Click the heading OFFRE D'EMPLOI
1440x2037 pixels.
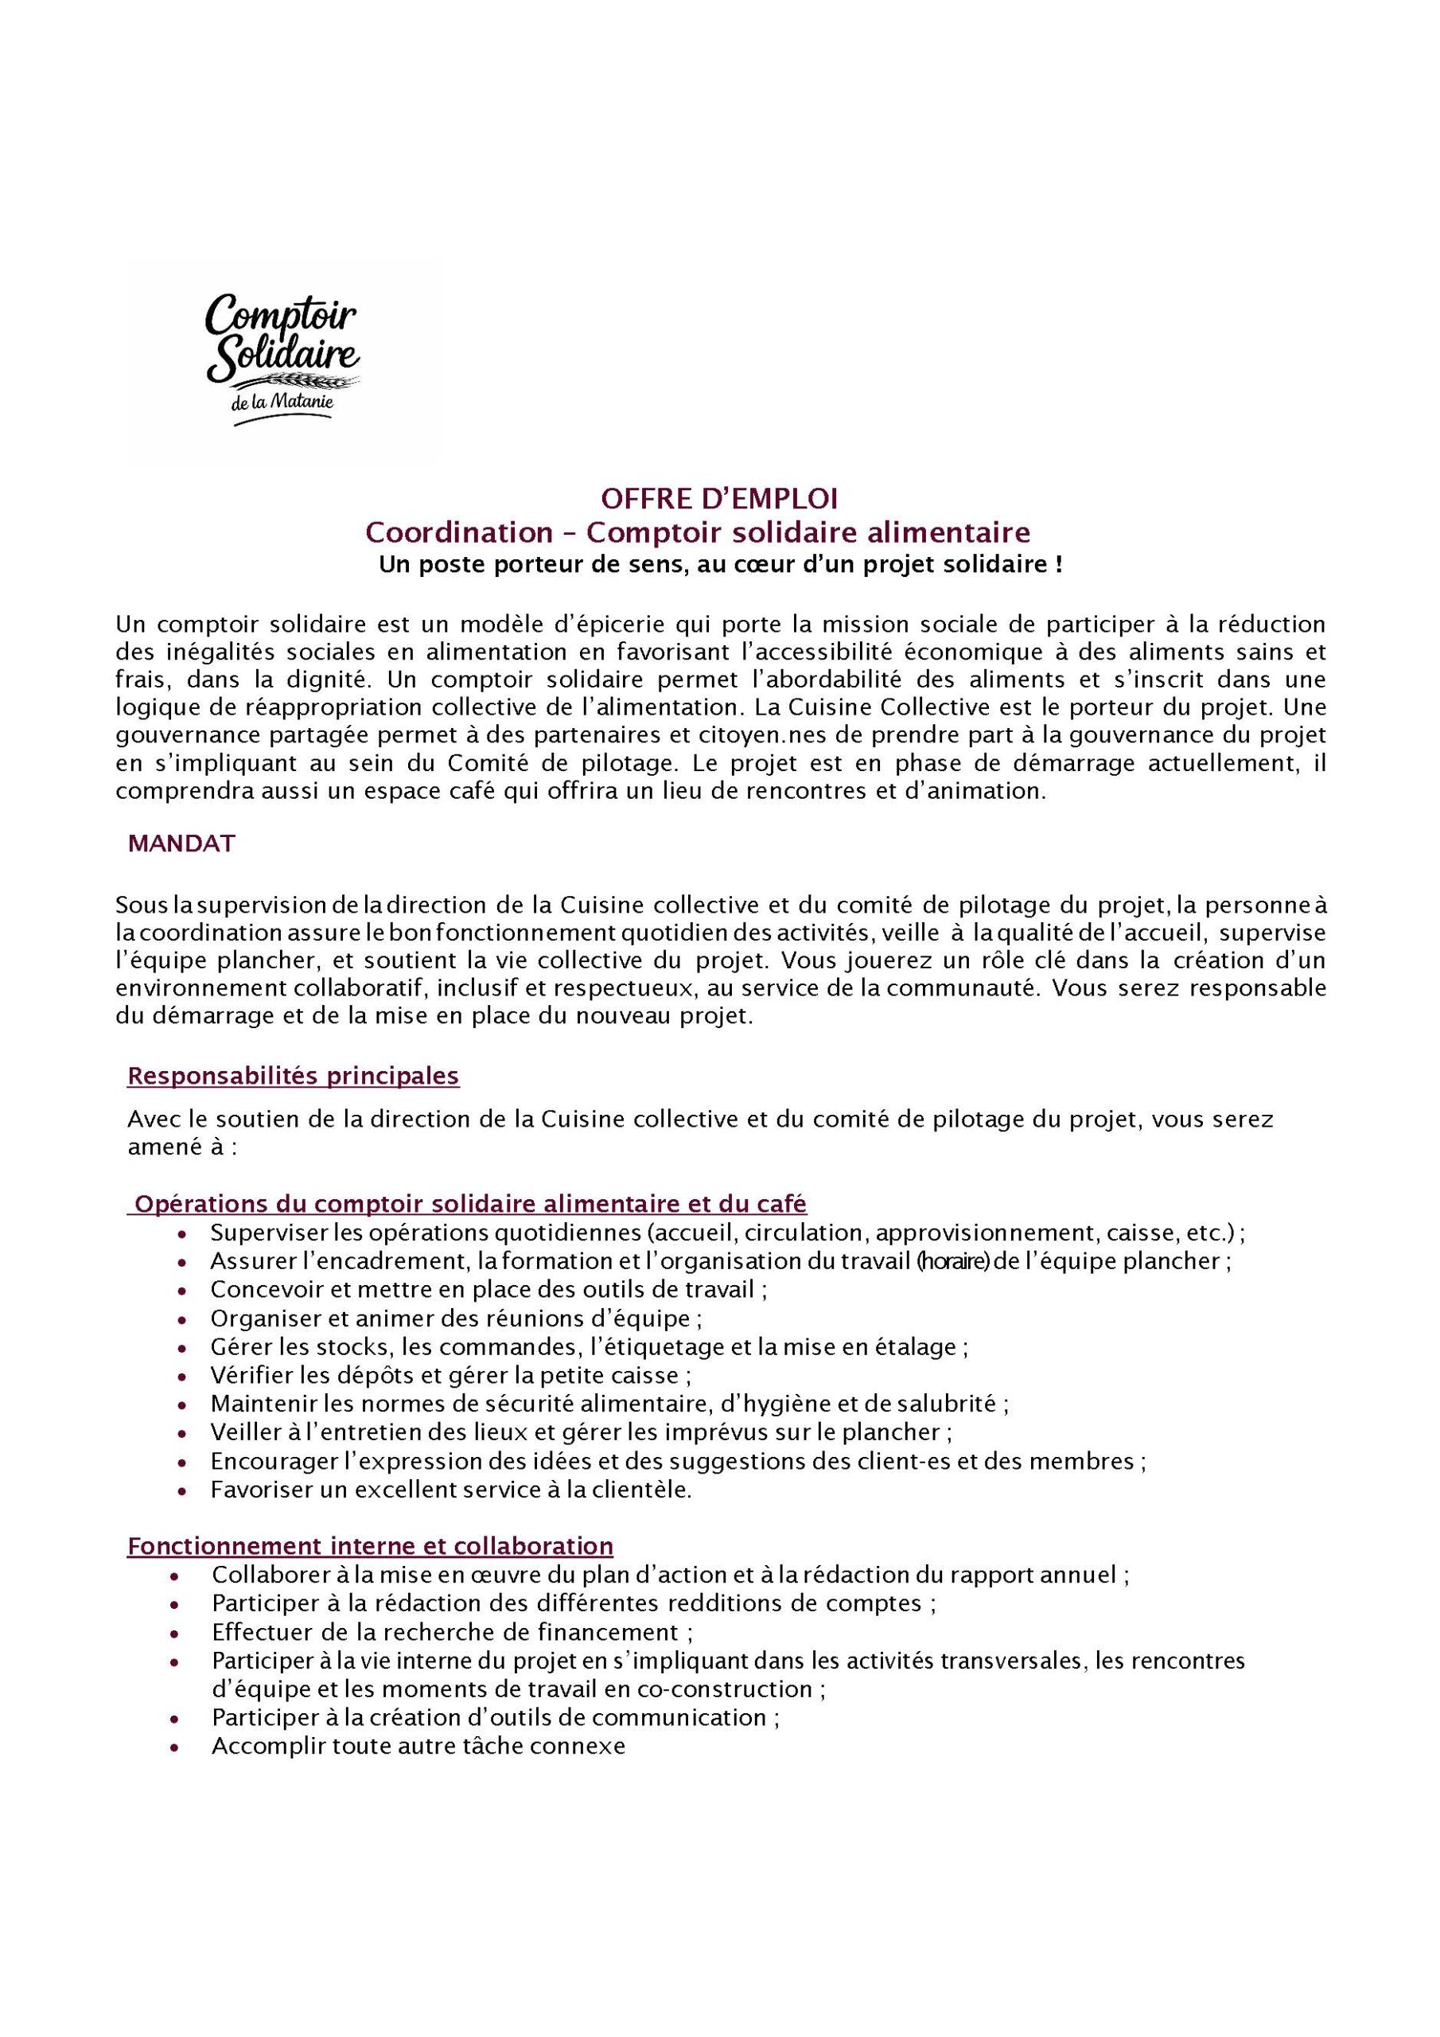718,499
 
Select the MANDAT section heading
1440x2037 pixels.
182,843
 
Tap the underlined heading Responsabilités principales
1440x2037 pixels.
293,1076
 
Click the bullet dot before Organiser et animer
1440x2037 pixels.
182,1319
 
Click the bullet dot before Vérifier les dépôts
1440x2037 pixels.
182,1376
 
